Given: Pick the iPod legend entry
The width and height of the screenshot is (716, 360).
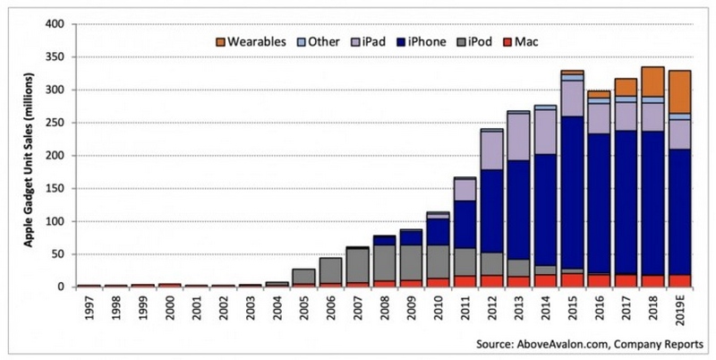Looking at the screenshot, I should pos(498,41).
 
